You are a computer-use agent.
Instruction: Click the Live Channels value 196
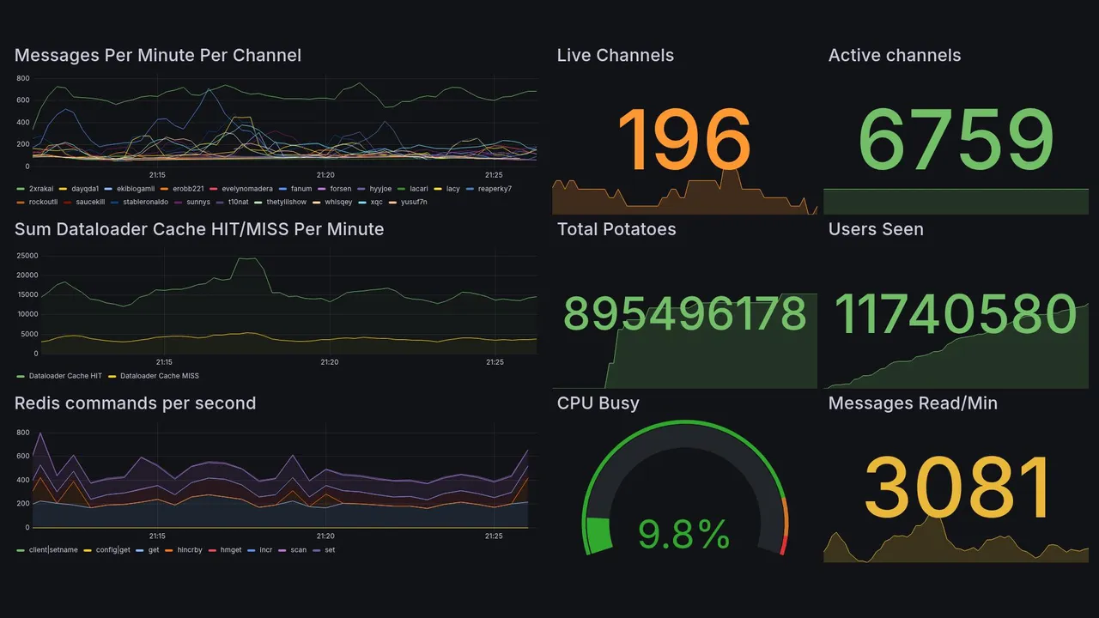pyautogui.click(x=684, y=139)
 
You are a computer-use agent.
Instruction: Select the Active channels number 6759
pyautogui.click(x=956, y=139)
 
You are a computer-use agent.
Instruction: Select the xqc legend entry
pyautogui.click(x=376, y=203)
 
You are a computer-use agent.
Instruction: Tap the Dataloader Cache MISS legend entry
pyautogui.click(x=159, y=376)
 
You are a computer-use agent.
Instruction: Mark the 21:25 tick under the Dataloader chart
pyautogui.click(x=495, y=362)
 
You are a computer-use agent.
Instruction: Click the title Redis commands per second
pyautogui.click(x=135, y=403)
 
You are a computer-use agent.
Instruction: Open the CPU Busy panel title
pyautogui.click(x=598, y=403)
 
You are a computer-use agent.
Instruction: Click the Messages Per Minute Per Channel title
pyautogui.click(x=158, y=56)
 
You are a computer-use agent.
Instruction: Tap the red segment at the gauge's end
pyautogui.click(x=782, y=545)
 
